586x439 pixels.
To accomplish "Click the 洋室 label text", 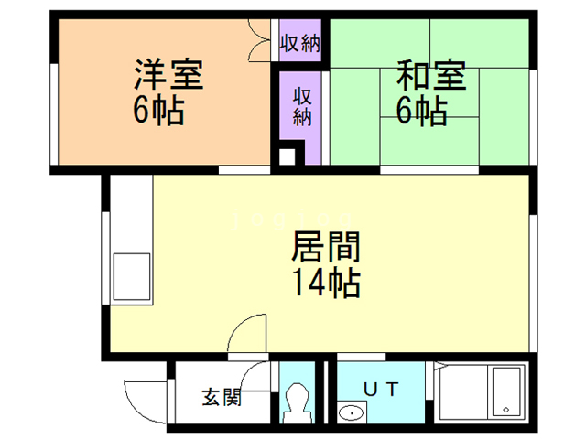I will pyautogui.click(x=169, y=74).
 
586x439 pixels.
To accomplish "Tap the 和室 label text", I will pyautogui.click(x=430, y=74).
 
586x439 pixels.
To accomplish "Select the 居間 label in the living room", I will pyautogui.click(x=325, y=247).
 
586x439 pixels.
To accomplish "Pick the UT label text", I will pyautogui.click(x=381, y=388).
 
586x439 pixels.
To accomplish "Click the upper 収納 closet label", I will pyautogui.click(x=299, y=42).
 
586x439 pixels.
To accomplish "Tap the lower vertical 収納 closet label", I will pyautogui.click(x=302, y=105).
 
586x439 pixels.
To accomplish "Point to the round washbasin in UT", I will pyautogui.click(x=351, y=414).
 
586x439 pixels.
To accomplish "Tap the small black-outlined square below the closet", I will pyautogui.click(x=287, y=156).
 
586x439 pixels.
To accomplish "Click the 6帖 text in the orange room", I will pyautogui.click(x=159, y=112).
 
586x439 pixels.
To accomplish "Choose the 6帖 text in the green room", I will pyautogui.click(x=421, y=111).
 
